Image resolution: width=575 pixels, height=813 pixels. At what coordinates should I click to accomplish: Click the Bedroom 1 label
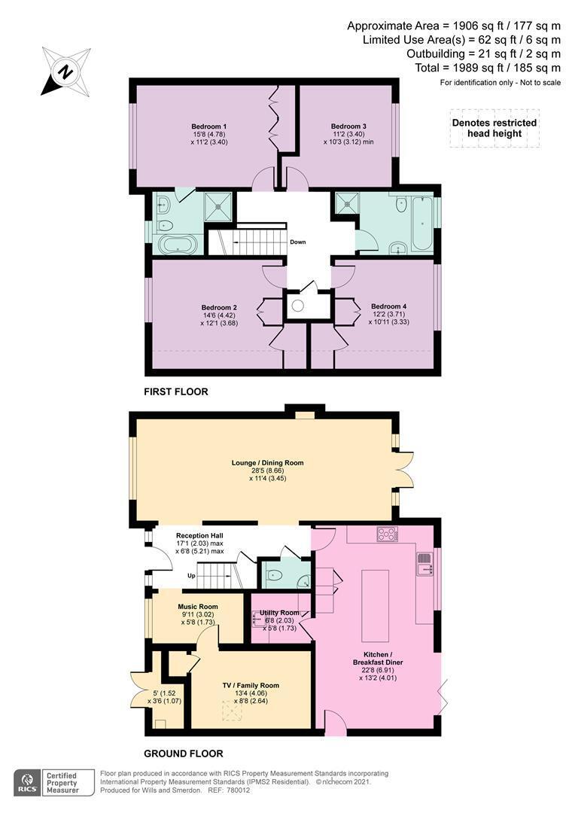pos(209,126)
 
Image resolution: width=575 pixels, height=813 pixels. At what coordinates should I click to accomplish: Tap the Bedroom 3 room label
pos(348,126)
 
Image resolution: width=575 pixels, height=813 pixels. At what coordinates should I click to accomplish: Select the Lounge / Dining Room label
pos(267,463)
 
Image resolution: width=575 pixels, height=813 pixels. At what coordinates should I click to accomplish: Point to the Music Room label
pos(197,607)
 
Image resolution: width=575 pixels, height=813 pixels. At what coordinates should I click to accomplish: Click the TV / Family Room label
pos(251,686)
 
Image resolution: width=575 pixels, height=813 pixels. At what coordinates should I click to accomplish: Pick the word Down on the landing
pos(297,242)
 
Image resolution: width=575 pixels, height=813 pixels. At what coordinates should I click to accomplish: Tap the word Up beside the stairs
pos(191,576)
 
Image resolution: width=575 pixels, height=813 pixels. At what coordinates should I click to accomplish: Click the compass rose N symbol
pos(65,72)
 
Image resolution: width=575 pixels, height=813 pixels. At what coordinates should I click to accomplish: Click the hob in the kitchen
pos(387,534)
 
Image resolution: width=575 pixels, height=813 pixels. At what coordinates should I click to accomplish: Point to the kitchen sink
pos(424,564)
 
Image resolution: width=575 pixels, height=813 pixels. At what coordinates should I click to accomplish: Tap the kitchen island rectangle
pos(376,605)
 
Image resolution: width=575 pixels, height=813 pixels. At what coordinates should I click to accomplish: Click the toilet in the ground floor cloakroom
pos(273,575)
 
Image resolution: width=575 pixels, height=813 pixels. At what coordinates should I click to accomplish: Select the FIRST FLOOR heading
pos(176,392)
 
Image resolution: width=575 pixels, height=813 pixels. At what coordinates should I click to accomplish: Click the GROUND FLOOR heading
pos(184,754)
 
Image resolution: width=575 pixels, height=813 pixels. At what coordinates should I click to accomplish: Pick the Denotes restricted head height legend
pos(494,128)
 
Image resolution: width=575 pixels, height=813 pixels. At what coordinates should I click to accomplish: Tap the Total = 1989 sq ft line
pos(488,68)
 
